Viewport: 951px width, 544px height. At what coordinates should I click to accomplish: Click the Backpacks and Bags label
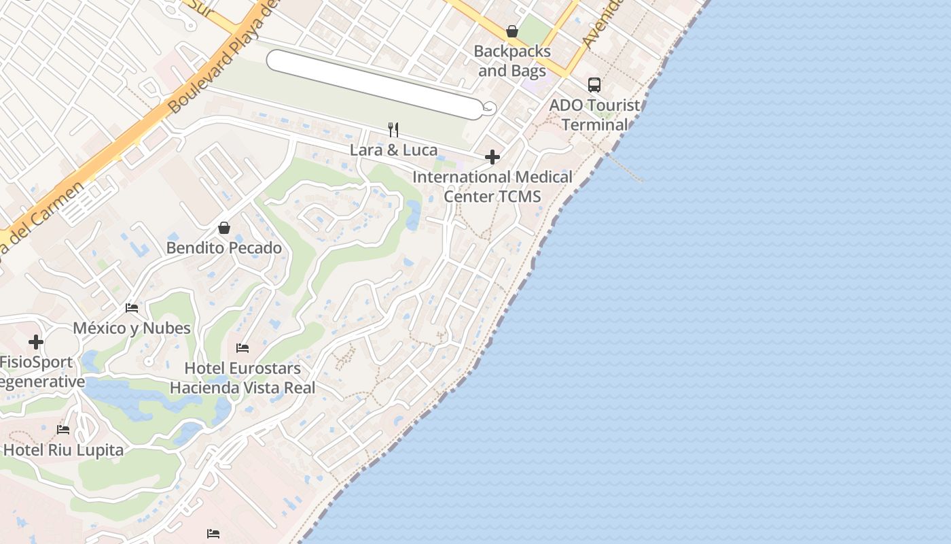(512, 61)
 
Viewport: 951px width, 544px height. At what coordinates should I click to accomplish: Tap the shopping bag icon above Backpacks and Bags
(512, 31)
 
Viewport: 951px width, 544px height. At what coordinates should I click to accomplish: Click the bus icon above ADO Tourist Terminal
(594, 85)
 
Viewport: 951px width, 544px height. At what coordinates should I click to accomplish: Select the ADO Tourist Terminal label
(594, 115)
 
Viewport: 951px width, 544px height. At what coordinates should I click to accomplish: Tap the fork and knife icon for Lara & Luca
(393, 129)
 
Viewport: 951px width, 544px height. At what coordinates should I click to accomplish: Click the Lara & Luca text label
(393, 150)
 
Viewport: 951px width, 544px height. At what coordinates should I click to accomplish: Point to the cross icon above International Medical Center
(492, 158)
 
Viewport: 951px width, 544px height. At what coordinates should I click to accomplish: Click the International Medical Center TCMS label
(492, 186)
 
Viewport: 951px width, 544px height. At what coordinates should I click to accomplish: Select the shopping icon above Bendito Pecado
(224, 228)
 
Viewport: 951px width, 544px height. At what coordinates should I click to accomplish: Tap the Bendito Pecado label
(224, 248)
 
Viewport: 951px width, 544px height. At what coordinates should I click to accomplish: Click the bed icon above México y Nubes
(132, 308)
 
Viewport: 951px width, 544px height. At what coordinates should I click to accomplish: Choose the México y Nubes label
(132, 328)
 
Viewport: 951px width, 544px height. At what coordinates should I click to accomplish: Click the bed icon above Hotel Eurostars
(243, 348)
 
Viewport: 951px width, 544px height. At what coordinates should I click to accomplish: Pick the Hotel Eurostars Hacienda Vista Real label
(243, 378)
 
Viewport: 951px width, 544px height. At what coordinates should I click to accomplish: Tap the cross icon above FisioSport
(36, 342)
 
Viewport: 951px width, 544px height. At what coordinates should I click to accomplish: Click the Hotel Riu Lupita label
(63, 449)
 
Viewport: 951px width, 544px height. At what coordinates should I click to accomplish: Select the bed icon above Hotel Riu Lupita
(63, 429)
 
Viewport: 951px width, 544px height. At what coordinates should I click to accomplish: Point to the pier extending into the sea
(625, 167)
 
